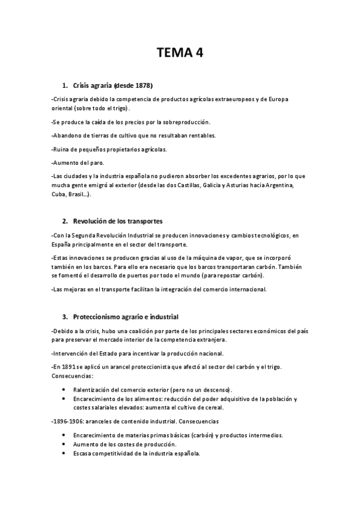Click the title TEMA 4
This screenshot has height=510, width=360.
180,53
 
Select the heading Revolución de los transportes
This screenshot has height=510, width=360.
118,221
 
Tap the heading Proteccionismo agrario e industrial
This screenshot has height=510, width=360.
126,316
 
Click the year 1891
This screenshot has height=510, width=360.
69,366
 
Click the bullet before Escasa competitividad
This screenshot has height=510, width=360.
64,453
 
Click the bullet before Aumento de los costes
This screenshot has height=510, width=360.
64,444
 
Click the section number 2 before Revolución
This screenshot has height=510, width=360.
64,221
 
